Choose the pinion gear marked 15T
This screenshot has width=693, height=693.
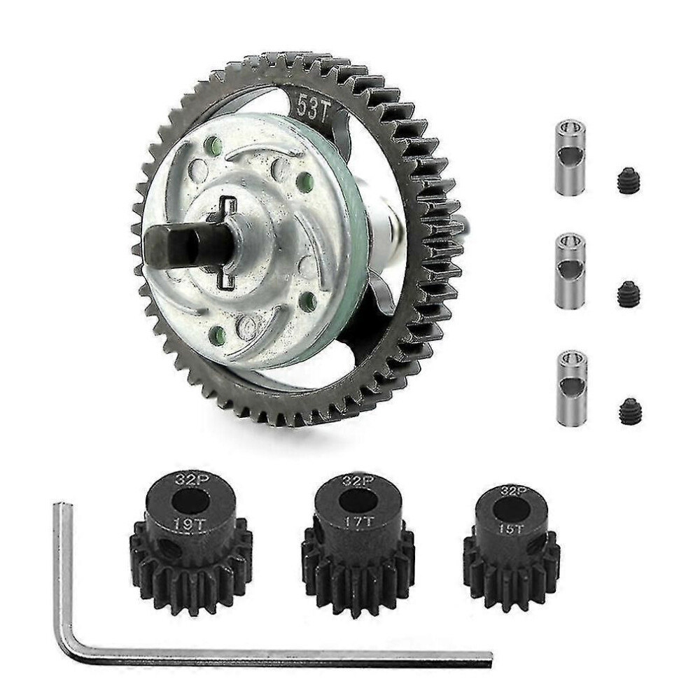point(512,547)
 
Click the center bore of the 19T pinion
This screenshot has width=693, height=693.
point(190,503)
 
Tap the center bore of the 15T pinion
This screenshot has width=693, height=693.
point(512,510)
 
